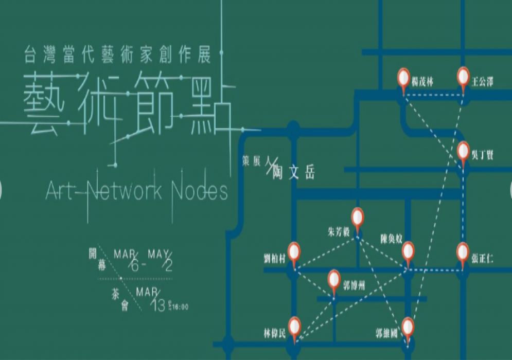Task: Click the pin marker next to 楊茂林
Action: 404,79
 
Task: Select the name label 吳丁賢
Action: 482,154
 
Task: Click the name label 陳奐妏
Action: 391,240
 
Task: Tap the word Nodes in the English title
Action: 201,191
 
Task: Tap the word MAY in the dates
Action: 159,254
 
